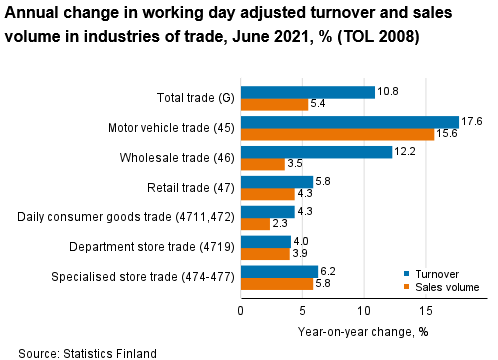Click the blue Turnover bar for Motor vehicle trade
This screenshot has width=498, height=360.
pos(349,122)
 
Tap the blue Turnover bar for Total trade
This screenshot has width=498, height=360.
pos(307,92)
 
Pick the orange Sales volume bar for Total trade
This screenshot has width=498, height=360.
pos(273,104)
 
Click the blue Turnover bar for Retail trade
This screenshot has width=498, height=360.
pos(276,181)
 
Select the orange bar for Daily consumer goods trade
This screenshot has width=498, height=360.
pos(254,223)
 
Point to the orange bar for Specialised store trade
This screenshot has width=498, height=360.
pos(276,283)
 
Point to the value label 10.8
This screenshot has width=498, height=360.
pos(389,92)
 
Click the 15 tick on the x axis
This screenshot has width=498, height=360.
pos(426,311)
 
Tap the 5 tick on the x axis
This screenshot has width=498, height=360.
pos(302,311)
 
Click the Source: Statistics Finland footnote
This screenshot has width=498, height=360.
pos(87,352)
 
